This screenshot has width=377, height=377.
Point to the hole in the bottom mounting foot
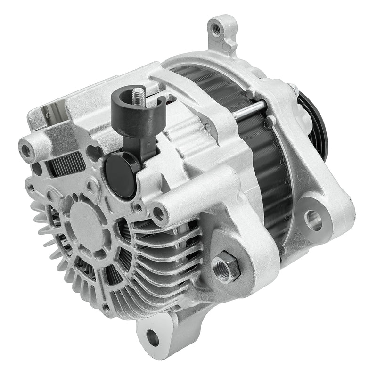pos(153,337)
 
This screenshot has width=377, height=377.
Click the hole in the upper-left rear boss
pos(26,150)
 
